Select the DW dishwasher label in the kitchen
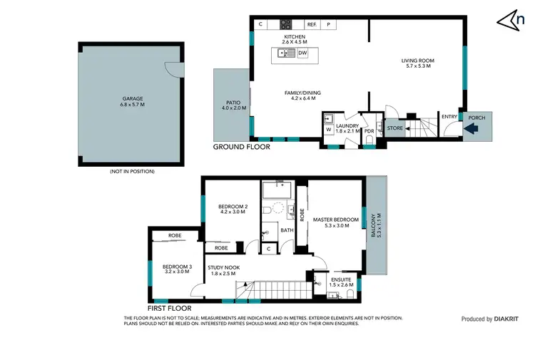(x=302, y=53)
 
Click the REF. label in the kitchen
(x=312, y=24)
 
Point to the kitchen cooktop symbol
(x=285, y=24)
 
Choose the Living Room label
(x=417, y=61)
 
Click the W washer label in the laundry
(x=328, y=130)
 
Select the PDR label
(x=369, y=131)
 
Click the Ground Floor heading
(x=242, y=147)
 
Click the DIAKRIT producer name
(x=508, y=319)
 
